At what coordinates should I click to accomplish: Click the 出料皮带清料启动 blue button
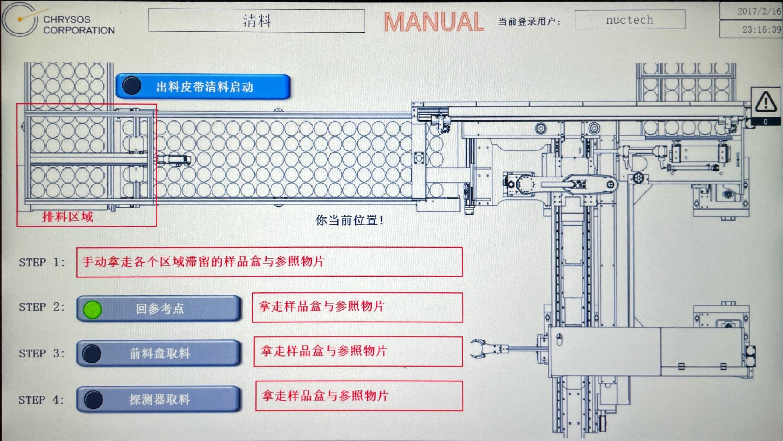pyautogui.click(x=203, y=87)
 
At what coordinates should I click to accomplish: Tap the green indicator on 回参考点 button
pyautogui.click(x=92, y=309)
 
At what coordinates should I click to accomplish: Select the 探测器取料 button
pyautogui.click(x=159, y=399)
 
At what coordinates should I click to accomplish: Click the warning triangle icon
pyautogui.click(x=766, y=102)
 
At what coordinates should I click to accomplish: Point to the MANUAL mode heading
pyautogui.click(x=434, y=22)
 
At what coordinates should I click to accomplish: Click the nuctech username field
pyautogui.click(x=630, y=20)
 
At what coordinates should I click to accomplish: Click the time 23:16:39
pyautogui.click(x=761, y=29)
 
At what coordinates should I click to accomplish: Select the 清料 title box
pyautogui.click(x=256, y=21)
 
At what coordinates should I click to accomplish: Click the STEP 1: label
pyautogui.click(x=42, y=262)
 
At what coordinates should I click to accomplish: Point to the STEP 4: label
pyautogui.click(x=41, y=400)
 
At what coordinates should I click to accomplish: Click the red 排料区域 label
pyautogui.click(x=68, y=217)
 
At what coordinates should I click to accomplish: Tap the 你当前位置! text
pyautogui.click(x=349, y=220)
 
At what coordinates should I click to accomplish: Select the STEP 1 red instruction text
pyautogui.click(x=203, y=262)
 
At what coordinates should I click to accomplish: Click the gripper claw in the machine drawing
pyautogui.click(x=478, y=349)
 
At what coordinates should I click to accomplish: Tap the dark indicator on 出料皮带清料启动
pyautogui.click(x=131, y=86)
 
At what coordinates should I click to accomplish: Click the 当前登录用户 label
pyautogui.click(x=529, y=21)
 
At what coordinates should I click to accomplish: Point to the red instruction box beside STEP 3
pyautogui.click(x=358, y=351)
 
